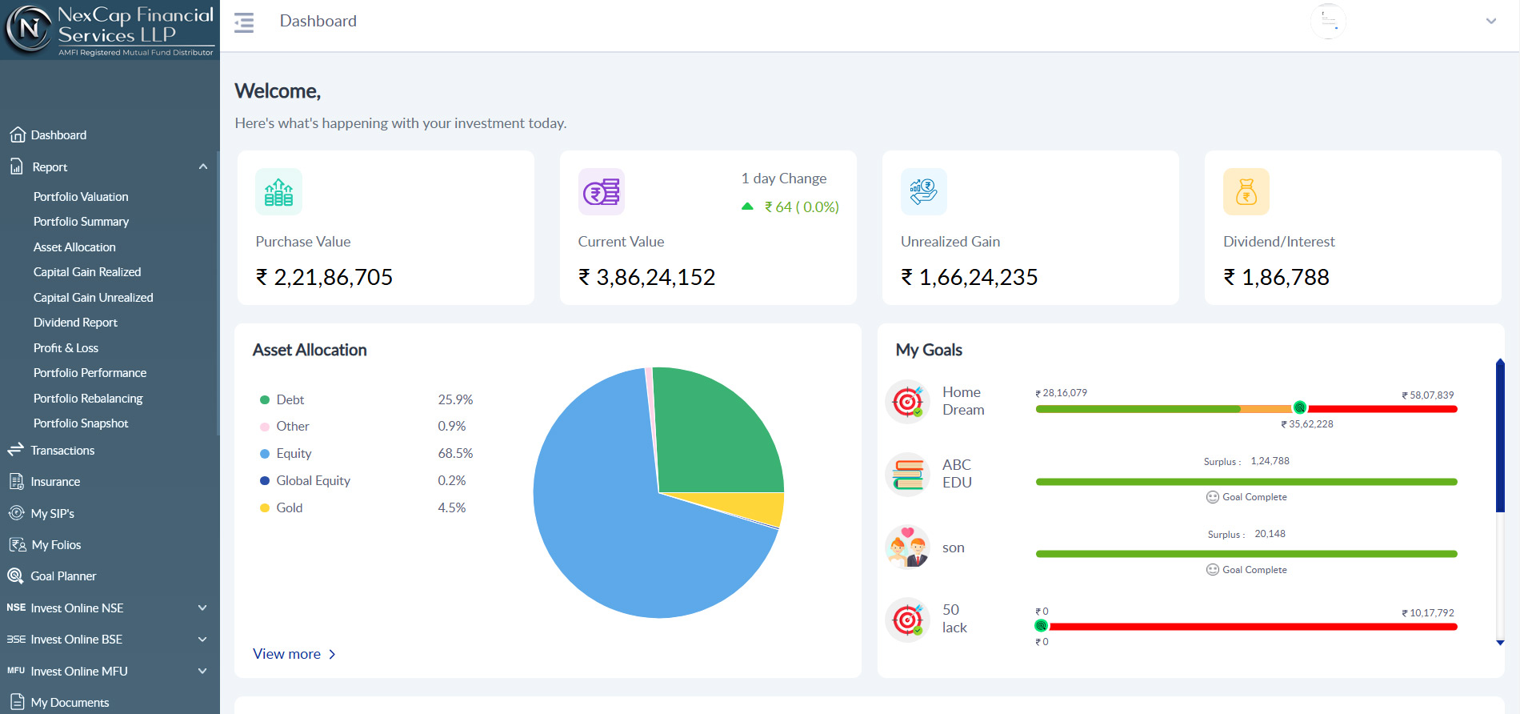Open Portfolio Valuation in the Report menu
point(81,196)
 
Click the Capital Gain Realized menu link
point(87,272)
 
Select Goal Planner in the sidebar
point(63,576)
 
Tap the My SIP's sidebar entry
point(52,513)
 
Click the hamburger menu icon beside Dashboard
point(244,22)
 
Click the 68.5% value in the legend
point(455,453)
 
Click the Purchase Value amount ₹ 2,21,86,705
point(324,277)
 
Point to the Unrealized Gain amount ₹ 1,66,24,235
point(969,277)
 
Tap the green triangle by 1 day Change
point(747,207)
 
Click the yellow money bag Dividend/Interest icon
point(1246,192)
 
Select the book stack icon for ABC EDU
point(908,474)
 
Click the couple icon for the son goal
point(908,548)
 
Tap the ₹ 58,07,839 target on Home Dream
point(1427,395)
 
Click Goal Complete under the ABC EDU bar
point(1246,497)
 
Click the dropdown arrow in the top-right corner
point(1491,22)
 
